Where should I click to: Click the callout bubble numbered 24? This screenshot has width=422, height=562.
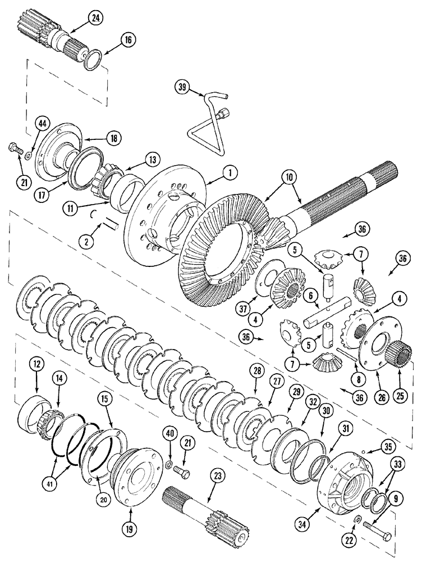click(x=96, y=19)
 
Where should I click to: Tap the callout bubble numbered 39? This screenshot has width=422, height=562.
click(x=182, y=87)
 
